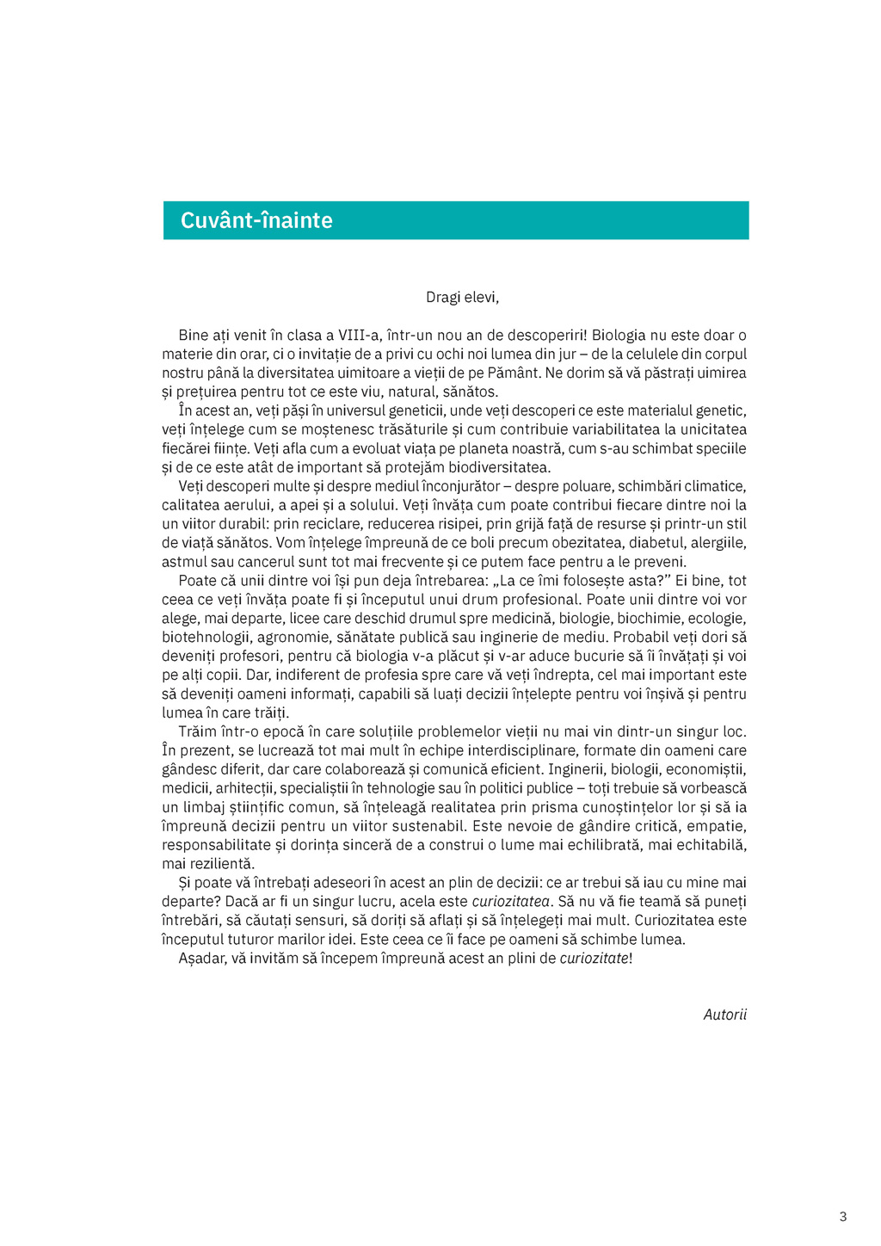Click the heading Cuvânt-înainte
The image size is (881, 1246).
click(x=256, y=220)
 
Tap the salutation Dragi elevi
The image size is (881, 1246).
click(x=462, y=298)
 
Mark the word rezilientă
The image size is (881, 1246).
click(x=219, y=864)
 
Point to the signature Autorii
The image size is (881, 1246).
click(x=724, y=1015)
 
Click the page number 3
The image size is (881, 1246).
click(x=843, y=1217)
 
